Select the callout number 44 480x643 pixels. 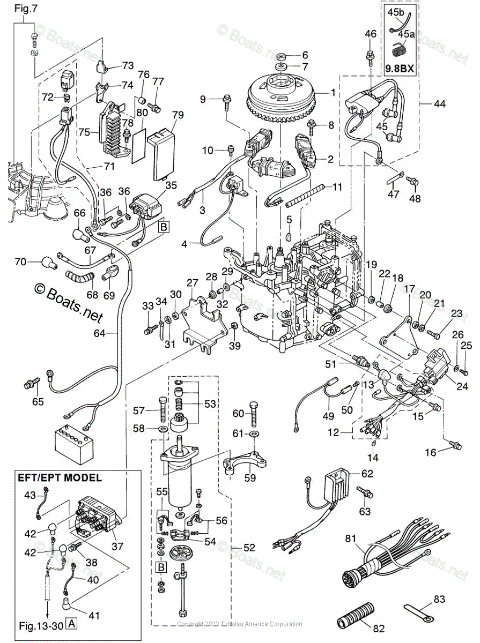[439, 104]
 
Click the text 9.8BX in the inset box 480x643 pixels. [400, 69]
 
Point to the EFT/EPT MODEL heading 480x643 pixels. [60, 478]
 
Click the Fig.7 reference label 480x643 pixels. [26, 9]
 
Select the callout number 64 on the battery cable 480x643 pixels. [99, 333]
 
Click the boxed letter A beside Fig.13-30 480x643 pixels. [71, 625]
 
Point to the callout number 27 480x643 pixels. [193, 283]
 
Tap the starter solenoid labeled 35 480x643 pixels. [146, 206]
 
